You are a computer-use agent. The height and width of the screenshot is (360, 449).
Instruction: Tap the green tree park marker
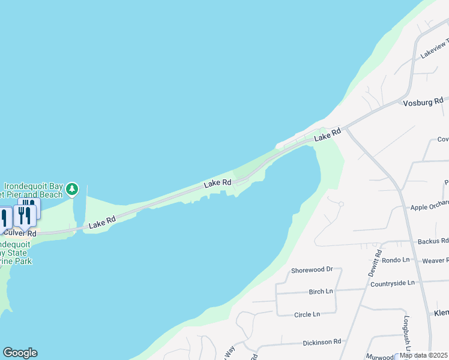(73, 189)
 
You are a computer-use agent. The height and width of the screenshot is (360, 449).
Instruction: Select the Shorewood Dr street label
(312, 269)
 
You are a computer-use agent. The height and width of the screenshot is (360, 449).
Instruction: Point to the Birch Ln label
(321, 292)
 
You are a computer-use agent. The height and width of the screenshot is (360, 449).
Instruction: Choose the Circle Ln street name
(307, 314)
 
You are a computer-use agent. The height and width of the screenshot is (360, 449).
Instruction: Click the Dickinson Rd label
(322, 341)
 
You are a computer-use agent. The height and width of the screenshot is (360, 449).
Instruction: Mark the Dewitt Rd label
(375, 263)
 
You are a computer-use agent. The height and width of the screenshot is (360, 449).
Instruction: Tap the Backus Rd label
(432, 241)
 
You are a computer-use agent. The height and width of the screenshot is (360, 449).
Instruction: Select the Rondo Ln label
(396, 260)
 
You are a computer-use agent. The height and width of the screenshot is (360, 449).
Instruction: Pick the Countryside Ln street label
(393, 283)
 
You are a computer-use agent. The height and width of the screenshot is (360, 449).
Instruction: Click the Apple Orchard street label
(429, 207)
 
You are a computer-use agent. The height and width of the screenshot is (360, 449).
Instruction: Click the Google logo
(20, 353)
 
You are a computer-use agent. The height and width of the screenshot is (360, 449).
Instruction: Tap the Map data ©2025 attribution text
(424, 355)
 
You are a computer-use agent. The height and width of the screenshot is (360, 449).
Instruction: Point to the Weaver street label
(435, 260)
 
